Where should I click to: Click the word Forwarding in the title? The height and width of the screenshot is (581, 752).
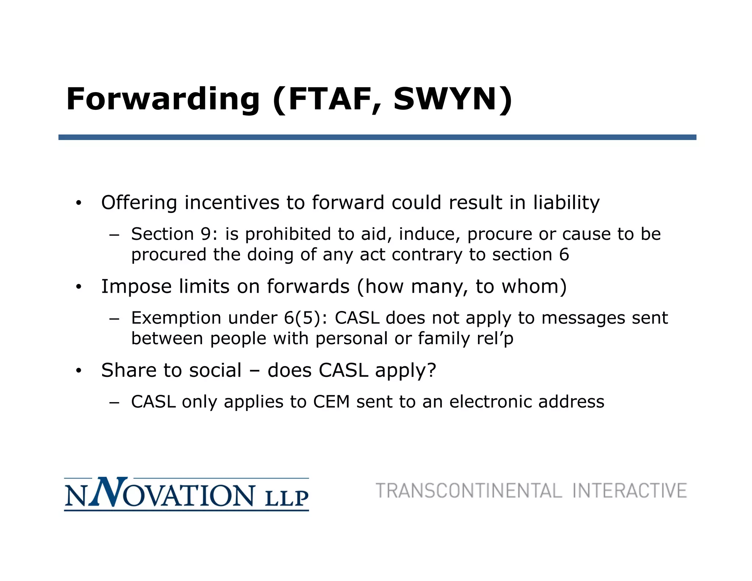tap(163, 99)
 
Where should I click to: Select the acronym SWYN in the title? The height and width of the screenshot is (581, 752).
tap(445, 99)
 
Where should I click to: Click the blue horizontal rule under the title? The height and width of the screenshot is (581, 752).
tap(377, 137)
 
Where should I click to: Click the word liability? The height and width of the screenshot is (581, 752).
tap(566, 202)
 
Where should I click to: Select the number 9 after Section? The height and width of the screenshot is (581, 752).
tap(205, 234)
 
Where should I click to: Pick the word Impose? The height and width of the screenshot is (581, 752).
tap(136, 286)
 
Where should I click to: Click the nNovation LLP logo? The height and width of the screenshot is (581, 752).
tap(186, 494)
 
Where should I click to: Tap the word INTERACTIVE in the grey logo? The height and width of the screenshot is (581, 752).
tap(629, 491)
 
